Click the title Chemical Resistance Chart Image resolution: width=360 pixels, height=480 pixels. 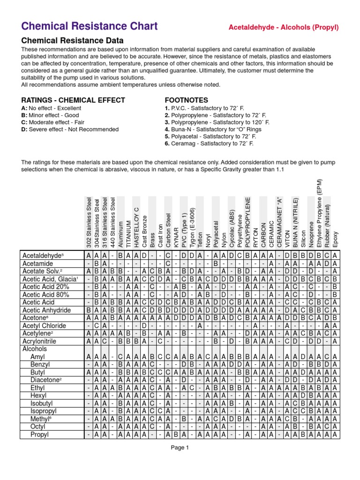pyautogui.click(x=90, y=26)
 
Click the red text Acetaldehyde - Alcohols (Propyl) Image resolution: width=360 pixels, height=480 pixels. pyautogui.click(x=283, y=27)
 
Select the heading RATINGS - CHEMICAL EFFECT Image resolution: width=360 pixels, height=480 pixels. pyautogui.click(x=73, y=100)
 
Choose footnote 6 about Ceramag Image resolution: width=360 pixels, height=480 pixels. pyautogui.click(x=209, y=144)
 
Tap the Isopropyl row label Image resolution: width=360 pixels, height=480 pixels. pyautogui.click(x=45, y=411)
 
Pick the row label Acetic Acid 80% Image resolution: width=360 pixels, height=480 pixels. pyautogui.click(x=45, y=295)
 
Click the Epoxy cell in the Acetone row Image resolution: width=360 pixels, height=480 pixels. pyautogui.click(x=335, y=318)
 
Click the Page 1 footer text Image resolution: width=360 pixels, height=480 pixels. pyautogui.click(x=180, y=448)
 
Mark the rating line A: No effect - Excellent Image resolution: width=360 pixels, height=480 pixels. pyautogui.click(x=51, y=108)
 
